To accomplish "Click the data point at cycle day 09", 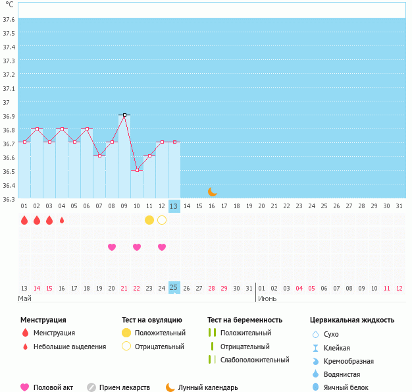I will (x=124, y=115).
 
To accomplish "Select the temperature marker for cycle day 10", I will (x=137, y=170).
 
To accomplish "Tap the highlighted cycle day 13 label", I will (x=174, y=206).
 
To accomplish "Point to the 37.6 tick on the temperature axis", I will (x=9, y=20).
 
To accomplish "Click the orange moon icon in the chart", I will (x=212, y=192).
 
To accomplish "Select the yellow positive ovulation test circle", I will (x=149, y=220).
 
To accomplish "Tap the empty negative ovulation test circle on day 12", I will (x=162, y=220).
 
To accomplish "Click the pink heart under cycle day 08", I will (x=112, y=247).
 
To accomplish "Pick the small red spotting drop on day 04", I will (x=62, y=220).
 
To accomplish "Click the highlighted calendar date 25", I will (x=174, y=288).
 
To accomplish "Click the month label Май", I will (x=24, y=299).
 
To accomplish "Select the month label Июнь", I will (x=267, y=299).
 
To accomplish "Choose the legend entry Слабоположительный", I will (x=255, y=360).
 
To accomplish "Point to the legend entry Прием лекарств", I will (x=124, y=387).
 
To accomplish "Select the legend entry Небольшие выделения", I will (x=69, y=347).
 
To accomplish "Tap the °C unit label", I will (x=9, y=5).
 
